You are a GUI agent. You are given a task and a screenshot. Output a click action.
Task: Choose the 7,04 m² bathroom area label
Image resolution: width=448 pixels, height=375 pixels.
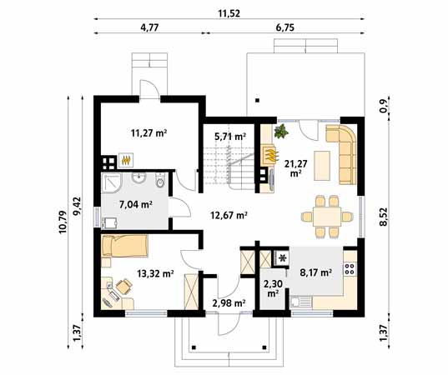click(x=133, y=203)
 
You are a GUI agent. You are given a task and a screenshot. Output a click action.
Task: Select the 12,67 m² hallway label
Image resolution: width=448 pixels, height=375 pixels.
click(x=230, y=215)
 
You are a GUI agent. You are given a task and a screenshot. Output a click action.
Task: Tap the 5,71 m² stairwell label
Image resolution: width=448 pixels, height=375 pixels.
click(x=229, y=136)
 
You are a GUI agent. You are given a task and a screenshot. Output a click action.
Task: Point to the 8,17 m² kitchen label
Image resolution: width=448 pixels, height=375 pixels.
click(x=315, y=272)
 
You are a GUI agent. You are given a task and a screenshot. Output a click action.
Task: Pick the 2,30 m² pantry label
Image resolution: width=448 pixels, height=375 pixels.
click(x=273, y=287)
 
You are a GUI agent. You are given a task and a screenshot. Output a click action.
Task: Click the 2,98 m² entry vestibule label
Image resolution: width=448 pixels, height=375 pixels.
click(x=228, y=302)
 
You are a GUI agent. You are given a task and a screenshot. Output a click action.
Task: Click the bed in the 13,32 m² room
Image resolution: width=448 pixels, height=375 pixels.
click(x=125, y=247)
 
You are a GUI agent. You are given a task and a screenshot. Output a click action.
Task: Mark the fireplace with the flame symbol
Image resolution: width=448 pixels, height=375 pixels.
click(x=269, y=155)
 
